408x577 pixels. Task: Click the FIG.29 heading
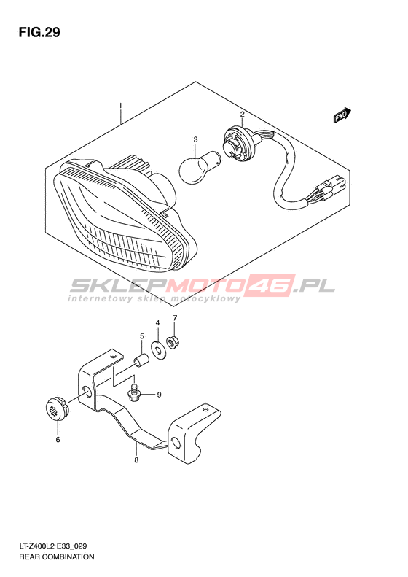tap(39, 33)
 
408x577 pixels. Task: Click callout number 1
tap(120, 106)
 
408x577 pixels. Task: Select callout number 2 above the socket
tap(242, 115)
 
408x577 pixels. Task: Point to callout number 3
tap(195, 139)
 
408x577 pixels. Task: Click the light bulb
tap(199, 167)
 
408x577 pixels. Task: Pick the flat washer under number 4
tap(159, 350)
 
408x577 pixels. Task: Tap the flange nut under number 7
tap(171, 343)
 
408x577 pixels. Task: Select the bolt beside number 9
tap(135, 392)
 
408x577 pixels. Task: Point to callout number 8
tap(136, 460)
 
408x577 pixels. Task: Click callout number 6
tap(58, 439)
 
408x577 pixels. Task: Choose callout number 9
tap(159, 395)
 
